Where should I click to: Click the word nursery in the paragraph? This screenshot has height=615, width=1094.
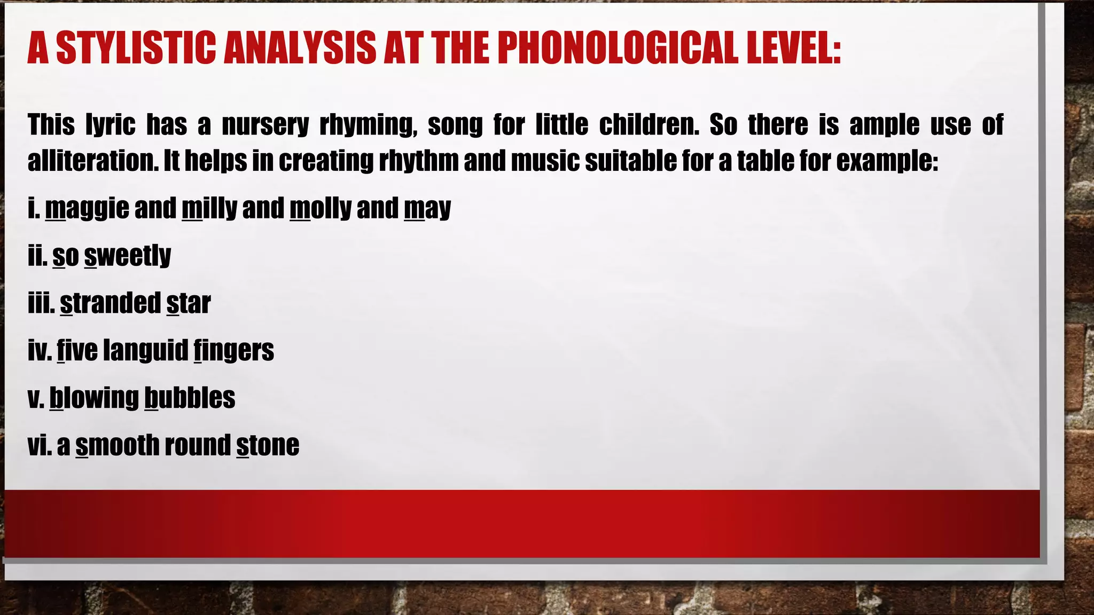(265, 125)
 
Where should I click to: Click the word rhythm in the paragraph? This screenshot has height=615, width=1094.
(418, 161)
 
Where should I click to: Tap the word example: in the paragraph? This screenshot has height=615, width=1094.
(887, 161)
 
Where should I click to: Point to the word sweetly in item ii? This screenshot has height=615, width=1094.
(128, 256)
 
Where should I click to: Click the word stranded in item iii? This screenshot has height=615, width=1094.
(110, 303)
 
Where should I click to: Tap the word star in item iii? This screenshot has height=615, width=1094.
(189, 303)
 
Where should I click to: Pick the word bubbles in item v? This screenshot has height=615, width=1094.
(190, 398)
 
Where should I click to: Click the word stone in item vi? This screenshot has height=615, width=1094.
(268, 445)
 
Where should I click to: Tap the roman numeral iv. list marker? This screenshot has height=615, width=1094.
(40, 351)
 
